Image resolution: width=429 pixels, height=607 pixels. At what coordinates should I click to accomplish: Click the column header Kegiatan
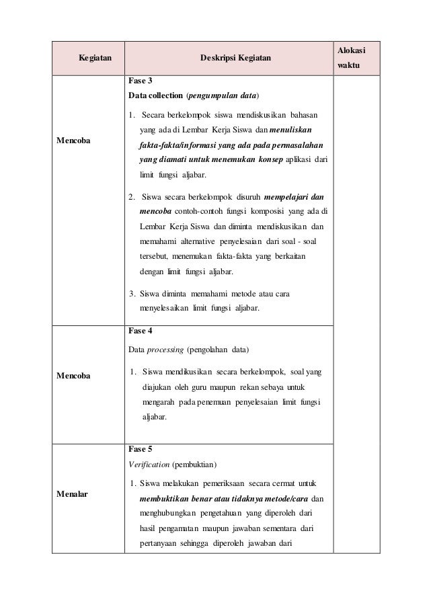[x=95, y=58]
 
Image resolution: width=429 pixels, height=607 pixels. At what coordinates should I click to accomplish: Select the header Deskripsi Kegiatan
[x=235, y=58]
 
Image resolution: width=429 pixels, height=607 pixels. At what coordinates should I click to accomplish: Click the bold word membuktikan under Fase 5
[x=169, y=499]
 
